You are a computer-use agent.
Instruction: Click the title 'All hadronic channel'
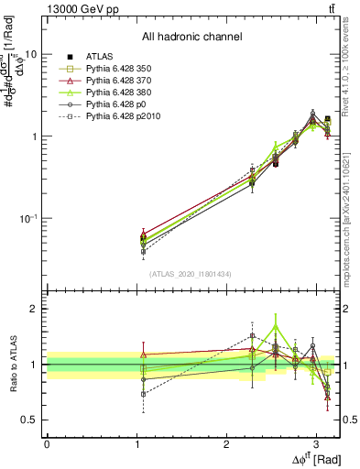(x=191, y=38)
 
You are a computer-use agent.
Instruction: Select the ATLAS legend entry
(x=101, y=57)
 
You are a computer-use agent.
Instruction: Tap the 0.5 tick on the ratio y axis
(x=31, y=420)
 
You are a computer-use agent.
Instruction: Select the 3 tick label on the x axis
(x=315, y=443)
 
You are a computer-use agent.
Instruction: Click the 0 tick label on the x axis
(x=47, y=443)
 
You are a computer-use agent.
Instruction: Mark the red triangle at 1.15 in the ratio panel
(x=142, y=354)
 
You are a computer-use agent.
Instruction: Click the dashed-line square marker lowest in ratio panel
(x=142, y=394)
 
